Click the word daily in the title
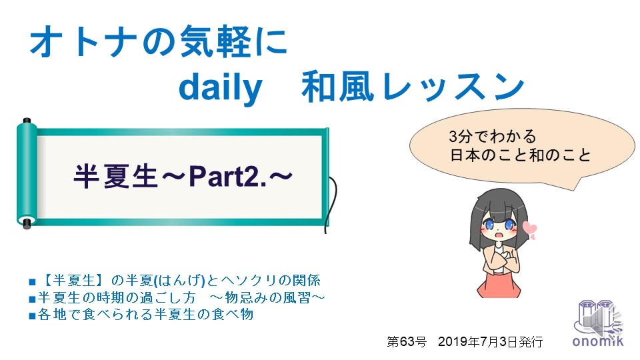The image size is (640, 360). (220, 88)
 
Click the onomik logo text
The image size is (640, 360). (597, 341)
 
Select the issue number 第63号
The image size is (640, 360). (407, 341)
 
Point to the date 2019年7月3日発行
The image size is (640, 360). (490, 341)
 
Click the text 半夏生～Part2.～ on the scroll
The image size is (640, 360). (183, 176)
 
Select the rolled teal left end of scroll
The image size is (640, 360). (27, 173)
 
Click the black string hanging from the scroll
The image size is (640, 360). (332, 203)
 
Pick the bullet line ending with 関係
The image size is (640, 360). (175, 281)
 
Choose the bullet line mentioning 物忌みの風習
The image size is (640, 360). (177, 297)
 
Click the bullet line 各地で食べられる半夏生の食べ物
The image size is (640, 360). (141, 314)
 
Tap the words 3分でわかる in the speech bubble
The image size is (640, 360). (492, 136)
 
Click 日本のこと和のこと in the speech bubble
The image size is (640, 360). (521, 155)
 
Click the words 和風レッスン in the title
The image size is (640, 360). (413, 87)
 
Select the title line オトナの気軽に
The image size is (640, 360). (159, 41)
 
